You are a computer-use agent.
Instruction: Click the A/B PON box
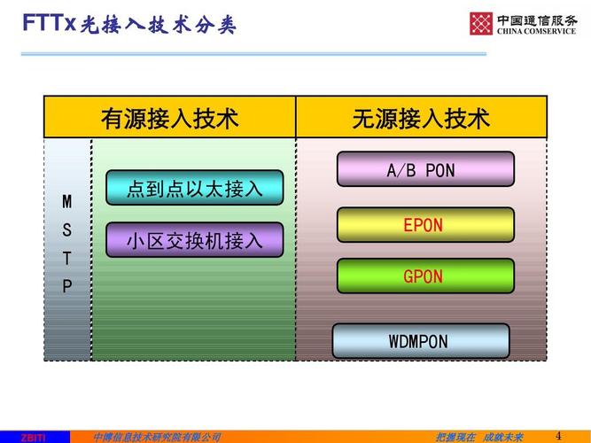pyautogui.click(x=425, y=169)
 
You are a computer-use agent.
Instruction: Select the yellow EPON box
pyautogui.click(x=425, y=225)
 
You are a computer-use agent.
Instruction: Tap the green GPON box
pyautogui.click(x=425, y=276)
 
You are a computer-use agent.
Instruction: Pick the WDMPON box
pyautogui.click(x=421, y=341)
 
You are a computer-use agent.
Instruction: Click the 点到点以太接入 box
pyautogui.click(x=195, y=188)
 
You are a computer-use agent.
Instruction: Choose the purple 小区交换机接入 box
pyautogui.click(x=195, y=240)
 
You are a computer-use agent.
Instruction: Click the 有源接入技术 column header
pyautogui.click(x=170, y=118)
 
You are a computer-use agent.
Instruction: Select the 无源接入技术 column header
pyautogui.click(x=421, y=118)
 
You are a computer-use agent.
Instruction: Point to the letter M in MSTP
pyautogui.click(x=67, y=202)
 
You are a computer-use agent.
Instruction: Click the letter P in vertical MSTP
pyautogui.click(x=67, y=285)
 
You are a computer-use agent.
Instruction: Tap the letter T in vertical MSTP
pyautogui.click(x=67, y=258)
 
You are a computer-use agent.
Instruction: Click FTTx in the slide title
pyautogui.click(x=49, y=24)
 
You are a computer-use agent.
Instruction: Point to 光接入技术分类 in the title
pyautogui.click(x=159, y=25)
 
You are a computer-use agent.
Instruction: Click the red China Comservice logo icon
pyautogui.click(x=481, y=23)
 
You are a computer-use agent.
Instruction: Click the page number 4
pyautogui.click(x=558, y=434)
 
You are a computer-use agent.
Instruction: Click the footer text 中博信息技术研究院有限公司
pyautogui.click(x=157, y=437)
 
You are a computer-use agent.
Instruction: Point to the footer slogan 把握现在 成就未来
pyautogui.click(x=479, y=437)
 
